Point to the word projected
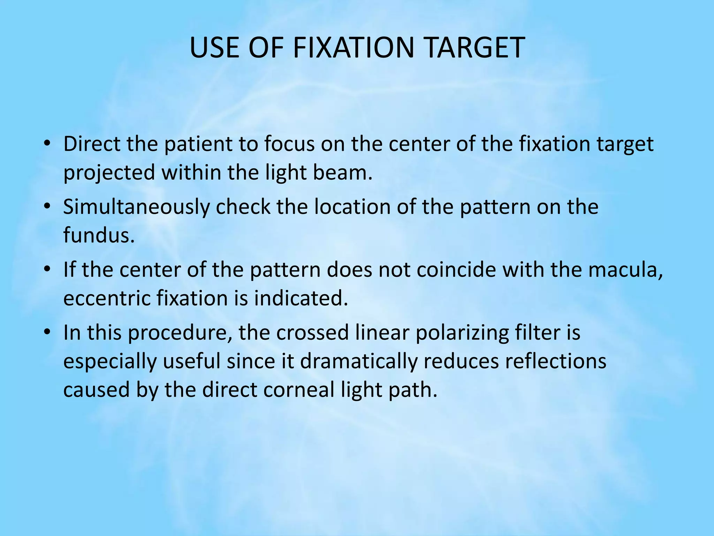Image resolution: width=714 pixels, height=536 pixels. coord(109,173)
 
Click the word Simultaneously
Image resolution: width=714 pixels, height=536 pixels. coord(136,207)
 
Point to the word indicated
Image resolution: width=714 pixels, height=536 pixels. coord(301,299)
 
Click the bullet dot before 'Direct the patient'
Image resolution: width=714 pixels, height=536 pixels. coord(48,144)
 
